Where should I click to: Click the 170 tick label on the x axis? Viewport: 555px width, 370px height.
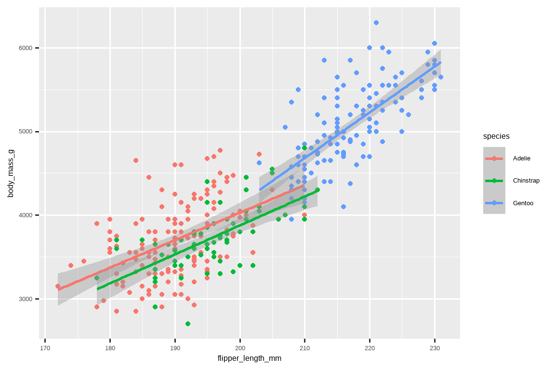(45, 348)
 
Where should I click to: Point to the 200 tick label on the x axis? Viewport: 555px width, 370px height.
(240, 348)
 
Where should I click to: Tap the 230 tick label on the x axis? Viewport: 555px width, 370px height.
(435, 348)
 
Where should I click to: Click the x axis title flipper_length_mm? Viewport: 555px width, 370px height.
(250, 358)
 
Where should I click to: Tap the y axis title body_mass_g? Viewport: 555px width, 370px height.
(11, 173)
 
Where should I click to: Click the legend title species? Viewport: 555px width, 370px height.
(496, 136)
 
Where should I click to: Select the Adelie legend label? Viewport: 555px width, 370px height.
(521, 158)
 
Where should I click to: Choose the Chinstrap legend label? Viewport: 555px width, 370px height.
(526, 181)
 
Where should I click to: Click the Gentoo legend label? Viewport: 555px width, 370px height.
(523, 203)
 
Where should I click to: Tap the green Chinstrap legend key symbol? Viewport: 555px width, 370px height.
(494, 181)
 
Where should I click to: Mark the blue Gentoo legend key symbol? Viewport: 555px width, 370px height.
(494, 203)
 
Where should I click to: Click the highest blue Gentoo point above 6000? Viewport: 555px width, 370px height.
(376, 23)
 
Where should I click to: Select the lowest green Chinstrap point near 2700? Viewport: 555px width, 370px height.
(188, 324)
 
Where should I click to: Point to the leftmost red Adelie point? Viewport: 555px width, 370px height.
(58, 286)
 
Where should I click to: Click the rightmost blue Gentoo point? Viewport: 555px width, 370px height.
(441, 77)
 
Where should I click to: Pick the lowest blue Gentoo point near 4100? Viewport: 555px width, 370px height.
(344, 207)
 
